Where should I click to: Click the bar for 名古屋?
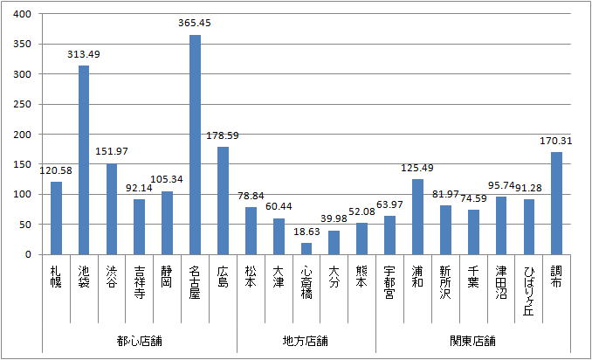[x=195, y=145]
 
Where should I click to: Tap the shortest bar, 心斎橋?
[x=306, y=249]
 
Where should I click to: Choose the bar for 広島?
[x=223, y=201]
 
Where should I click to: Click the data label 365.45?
[x=195, y=23]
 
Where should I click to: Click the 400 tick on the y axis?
[x=23, y=14]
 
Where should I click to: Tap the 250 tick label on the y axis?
[x=23, y=104]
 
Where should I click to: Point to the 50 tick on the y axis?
[x=25, y=225]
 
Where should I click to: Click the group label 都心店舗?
[x=140, y=339]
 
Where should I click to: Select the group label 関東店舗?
[x=472, y=339]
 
